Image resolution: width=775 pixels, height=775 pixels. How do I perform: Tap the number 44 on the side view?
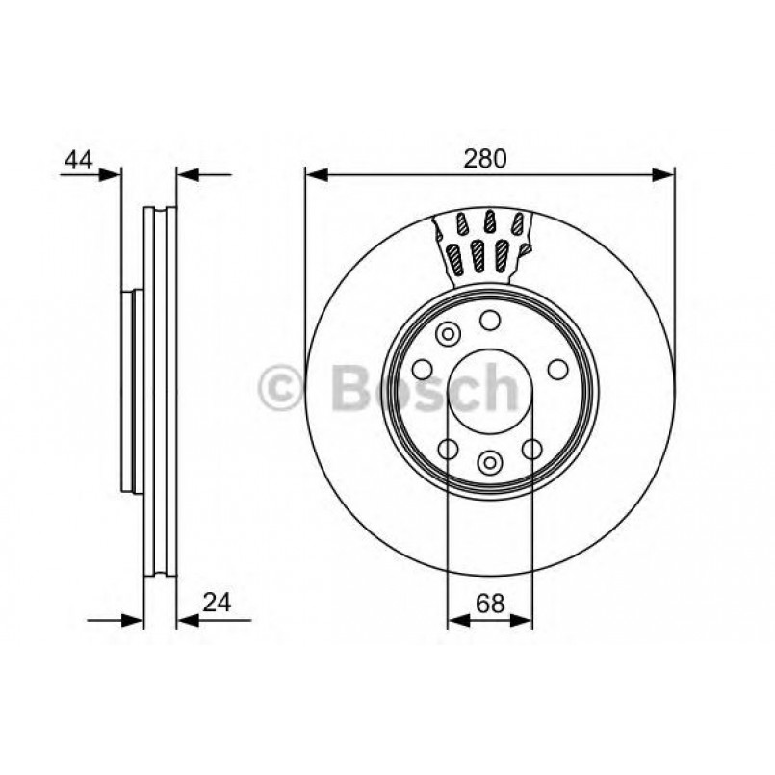78,160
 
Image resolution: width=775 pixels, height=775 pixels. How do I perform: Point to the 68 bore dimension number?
490,604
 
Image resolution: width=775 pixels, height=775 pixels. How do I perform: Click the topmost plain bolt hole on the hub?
490,321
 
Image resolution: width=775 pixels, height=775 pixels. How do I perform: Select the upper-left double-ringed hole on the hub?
447,335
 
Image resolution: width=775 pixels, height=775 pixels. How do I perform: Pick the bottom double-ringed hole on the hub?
490,462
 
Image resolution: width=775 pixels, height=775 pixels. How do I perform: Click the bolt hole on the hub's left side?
422,369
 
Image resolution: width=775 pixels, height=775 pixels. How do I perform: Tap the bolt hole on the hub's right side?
557,369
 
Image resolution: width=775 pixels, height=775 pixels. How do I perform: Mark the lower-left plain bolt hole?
448,448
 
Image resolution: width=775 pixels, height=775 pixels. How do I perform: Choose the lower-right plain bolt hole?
531,448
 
